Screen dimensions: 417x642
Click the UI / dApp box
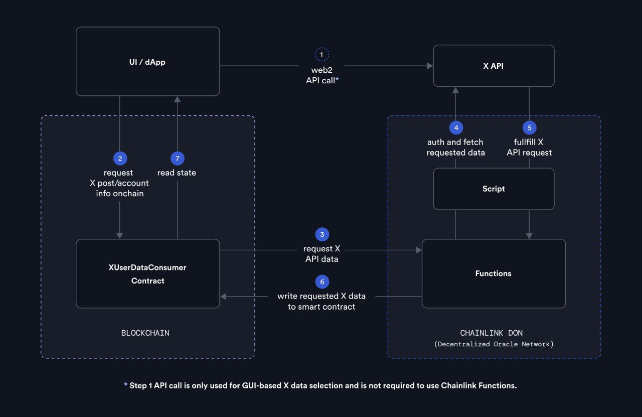point(147,62)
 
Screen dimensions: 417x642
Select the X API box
point(494,66)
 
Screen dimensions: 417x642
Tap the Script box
point(494,189)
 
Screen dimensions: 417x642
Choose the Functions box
point(494,273)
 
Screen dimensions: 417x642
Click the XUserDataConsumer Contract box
point(147,274)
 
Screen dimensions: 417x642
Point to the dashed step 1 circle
point(322,54)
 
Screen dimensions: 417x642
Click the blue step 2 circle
point(120,159)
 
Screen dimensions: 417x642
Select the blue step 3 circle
point(322,234)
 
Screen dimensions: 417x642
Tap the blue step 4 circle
point(456,128)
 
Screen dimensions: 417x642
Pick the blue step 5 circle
point(529,128)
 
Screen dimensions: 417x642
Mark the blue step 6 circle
point(322,282)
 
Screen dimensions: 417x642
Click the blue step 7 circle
point(177,159)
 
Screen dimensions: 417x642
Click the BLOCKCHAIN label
point(145,333)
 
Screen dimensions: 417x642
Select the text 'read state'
point(177,173)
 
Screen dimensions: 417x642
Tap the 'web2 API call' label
point(322,75)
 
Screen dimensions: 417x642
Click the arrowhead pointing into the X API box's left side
point(430,66)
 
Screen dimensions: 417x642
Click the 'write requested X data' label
point(322,296)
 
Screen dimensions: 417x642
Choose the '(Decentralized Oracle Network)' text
point(494,344)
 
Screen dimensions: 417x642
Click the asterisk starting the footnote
point(126,385)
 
